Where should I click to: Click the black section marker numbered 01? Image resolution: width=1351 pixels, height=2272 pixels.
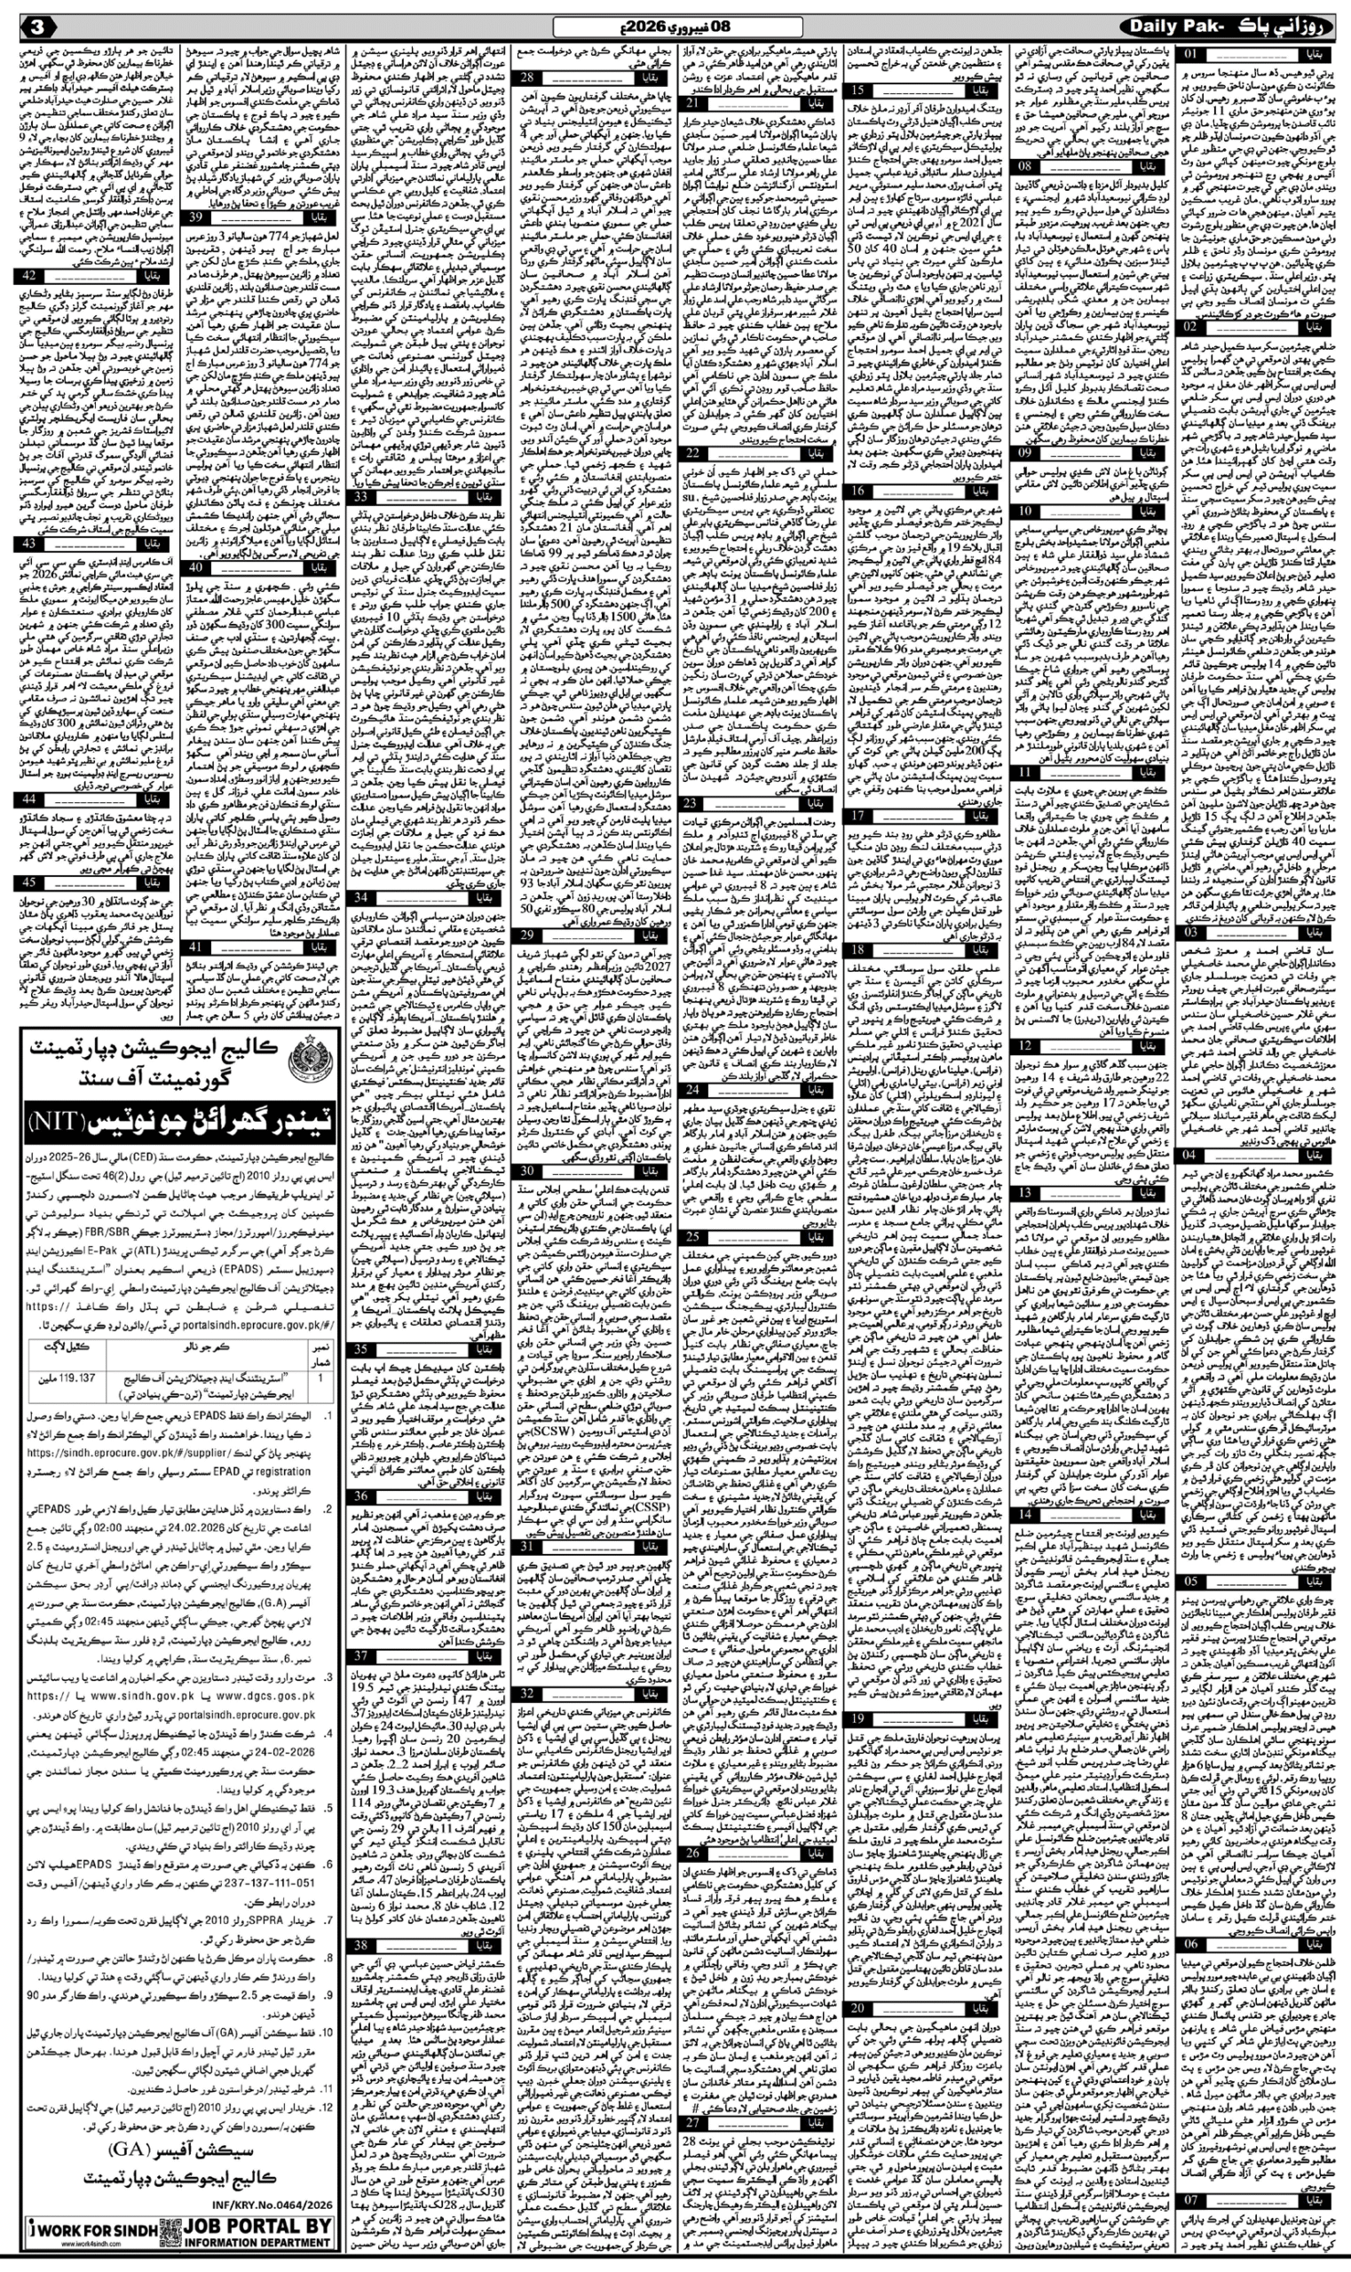tap(1192, 55)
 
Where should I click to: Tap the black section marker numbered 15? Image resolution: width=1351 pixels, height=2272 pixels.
tap(857, 91)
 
